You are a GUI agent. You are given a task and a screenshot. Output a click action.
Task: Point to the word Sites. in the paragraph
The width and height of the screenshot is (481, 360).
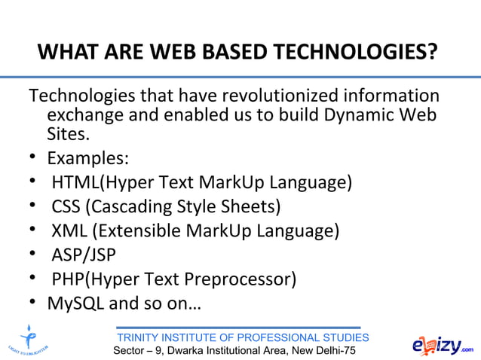point(69,136)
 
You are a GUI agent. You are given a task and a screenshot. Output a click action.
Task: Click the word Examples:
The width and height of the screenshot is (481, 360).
point(87,159)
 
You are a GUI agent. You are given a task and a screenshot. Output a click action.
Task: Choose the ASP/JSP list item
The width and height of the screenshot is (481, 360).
point(83,255)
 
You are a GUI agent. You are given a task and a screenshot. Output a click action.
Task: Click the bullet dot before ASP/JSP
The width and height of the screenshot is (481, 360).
point(34,255)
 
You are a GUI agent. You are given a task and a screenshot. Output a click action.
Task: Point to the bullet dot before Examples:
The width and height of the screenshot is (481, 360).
point(34,159)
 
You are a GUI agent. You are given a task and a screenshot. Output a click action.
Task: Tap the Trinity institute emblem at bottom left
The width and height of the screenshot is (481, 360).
point(29,340)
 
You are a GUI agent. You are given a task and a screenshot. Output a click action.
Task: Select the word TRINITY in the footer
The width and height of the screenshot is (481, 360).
point(141,337)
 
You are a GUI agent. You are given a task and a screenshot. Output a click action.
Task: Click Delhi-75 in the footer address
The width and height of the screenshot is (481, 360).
point(330,352)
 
